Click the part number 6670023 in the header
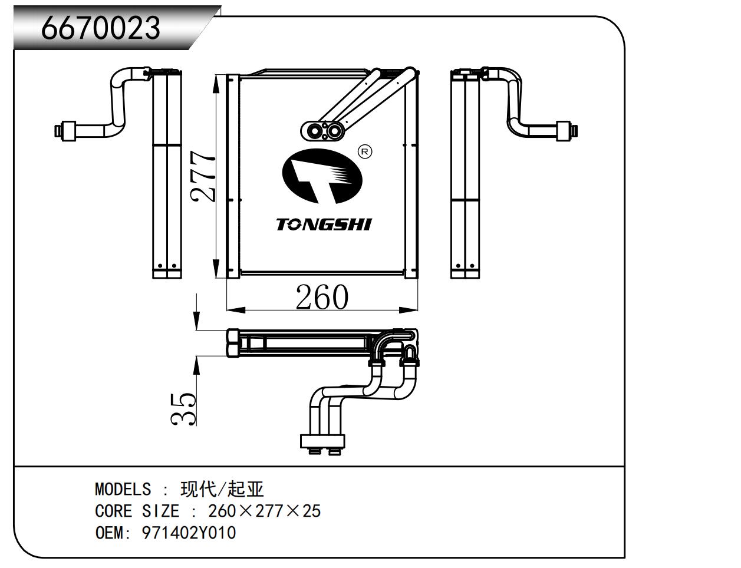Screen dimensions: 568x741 (100, 28)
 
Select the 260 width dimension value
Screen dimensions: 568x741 (322, 297)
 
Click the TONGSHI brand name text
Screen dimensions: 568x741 (324, 224)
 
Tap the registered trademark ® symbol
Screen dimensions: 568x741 (365, 152)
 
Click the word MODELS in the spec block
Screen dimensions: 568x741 (123, 489)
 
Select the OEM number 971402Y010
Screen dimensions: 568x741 (189, 533)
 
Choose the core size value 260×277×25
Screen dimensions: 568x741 (264, 511)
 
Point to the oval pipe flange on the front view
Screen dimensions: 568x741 (322, 131)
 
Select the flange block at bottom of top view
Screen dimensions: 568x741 (322, 441)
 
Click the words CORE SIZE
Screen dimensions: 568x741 (137, 511)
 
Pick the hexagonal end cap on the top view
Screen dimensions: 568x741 (233, 343)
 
